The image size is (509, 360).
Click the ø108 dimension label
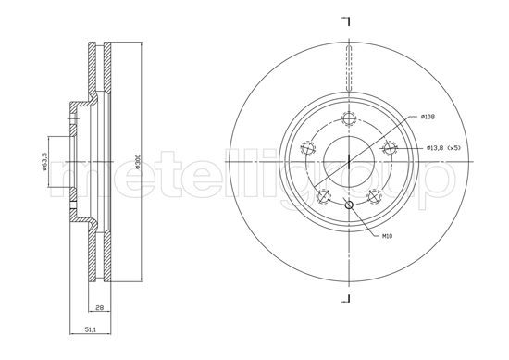(428, 117)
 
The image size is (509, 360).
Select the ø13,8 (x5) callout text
(443, 148)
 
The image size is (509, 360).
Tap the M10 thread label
(387, 236)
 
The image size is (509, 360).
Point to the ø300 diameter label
(137, 161)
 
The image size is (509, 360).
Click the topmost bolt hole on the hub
(349, 118)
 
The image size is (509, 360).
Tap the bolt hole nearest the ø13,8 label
(390, 148)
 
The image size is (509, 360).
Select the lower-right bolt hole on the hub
(374, 196)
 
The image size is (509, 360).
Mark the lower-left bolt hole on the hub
(323, 196)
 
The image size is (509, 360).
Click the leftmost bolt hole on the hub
(307, 148)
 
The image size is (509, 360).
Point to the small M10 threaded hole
(349, 205)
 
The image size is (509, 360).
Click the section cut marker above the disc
(346, 20)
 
